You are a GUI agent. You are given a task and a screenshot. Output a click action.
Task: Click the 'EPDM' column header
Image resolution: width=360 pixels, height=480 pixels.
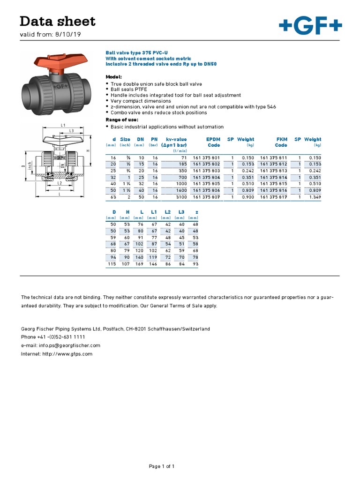click(213, 139)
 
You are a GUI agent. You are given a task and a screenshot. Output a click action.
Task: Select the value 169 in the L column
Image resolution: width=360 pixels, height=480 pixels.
click(139, 264)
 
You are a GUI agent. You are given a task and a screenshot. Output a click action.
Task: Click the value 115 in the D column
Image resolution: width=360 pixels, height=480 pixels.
click(112, 264)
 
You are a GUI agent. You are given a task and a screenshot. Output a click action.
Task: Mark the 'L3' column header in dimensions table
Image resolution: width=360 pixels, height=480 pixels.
click(181, 212)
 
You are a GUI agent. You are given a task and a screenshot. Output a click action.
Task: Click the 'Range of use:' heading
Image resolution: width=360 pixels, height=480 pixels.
click(122, 120)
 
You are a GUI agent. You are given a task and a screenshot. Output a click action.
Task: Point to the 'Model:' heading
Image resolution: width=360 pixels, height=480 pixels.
click(114, 76)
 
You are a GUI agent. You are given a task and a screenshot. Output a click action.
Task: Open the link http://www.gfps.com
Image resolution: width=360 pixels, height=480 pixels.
click(67, 354)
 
